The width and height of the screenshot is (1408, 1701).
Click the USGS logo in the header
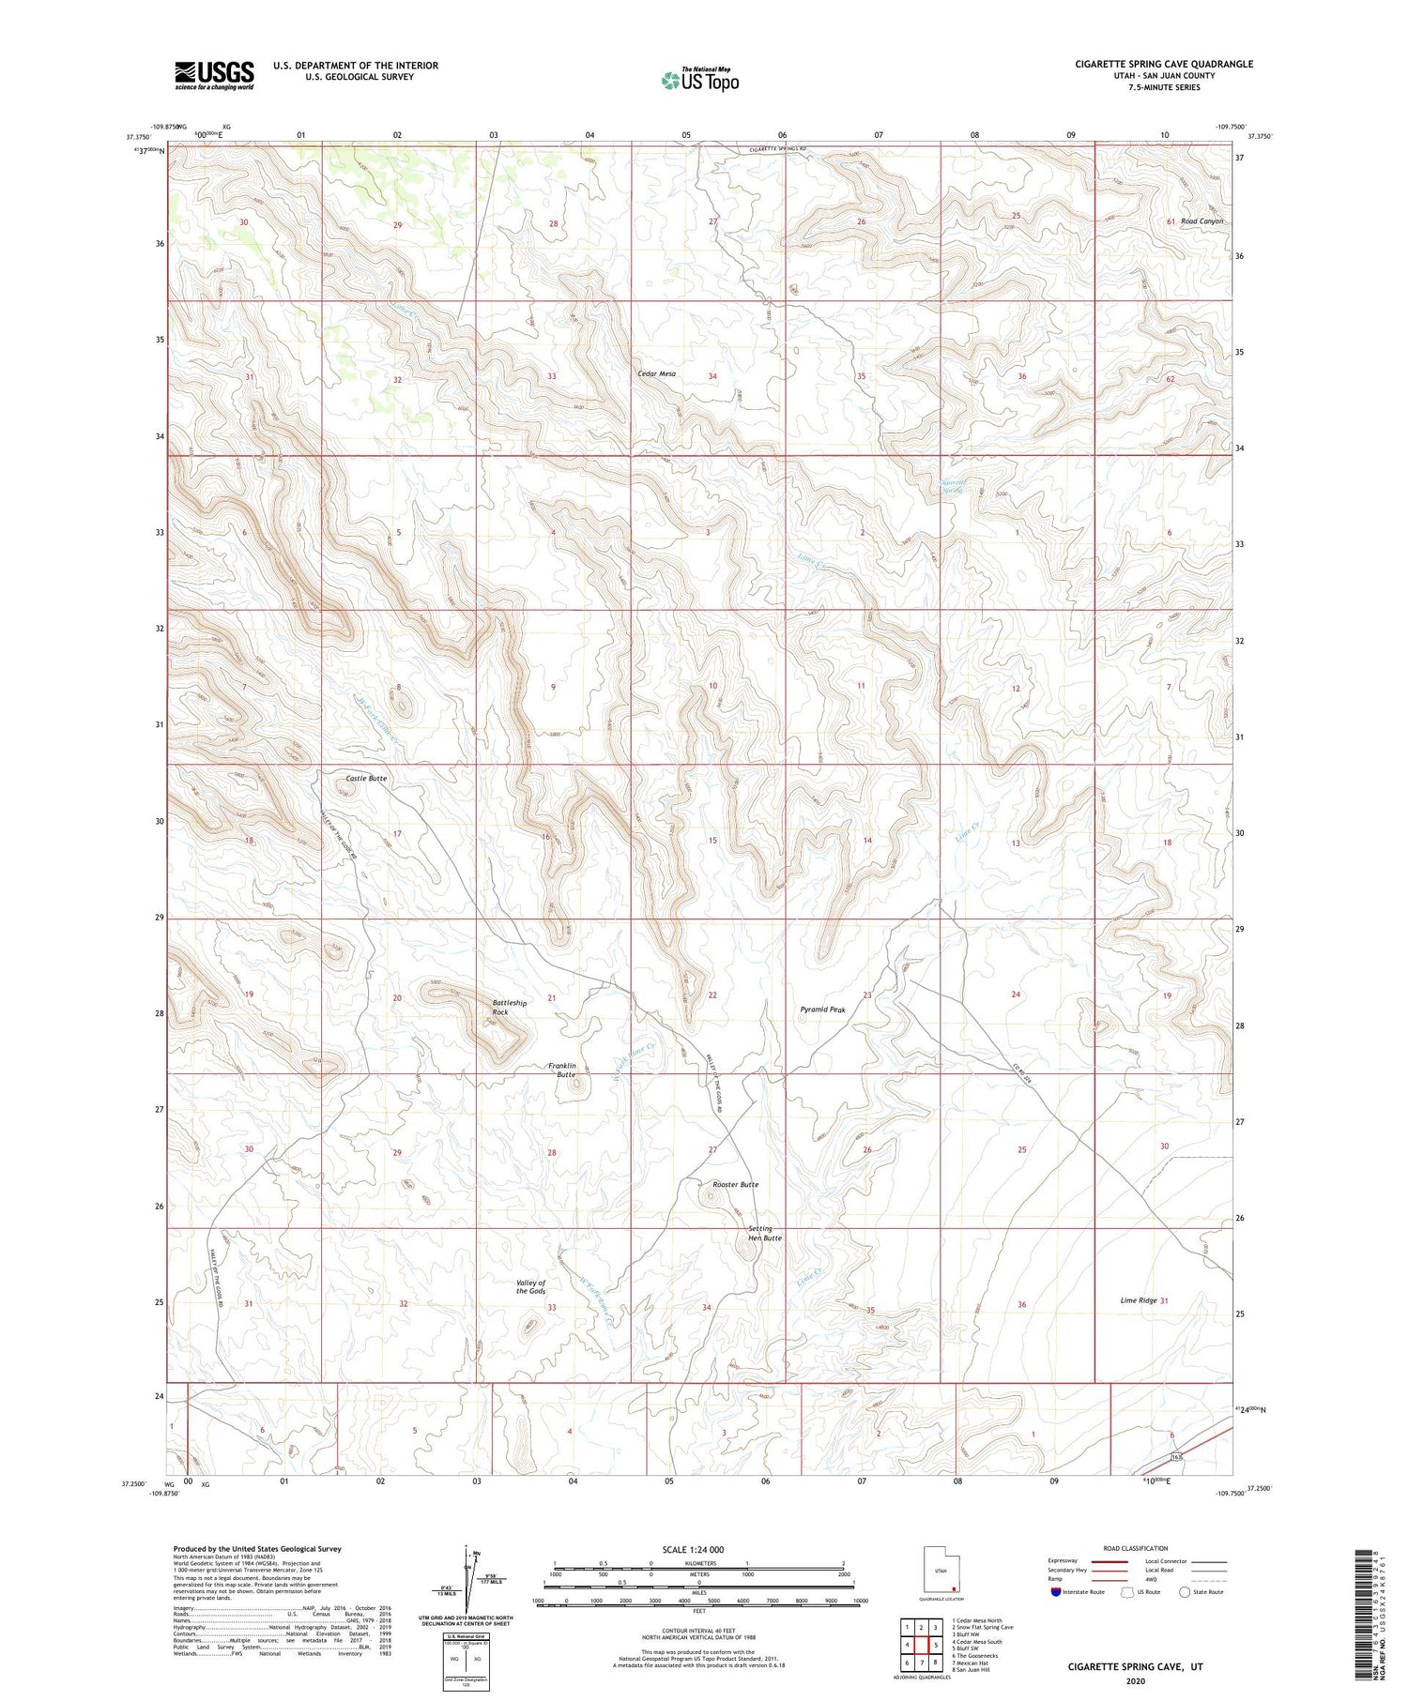pyautogui.click(x=214, y=75)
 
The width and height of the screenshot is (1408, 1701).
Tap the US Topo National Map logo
pyautogui.click(x=699, y=80)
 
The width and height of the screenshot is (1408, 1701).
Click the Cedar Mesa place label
pyautogui.click(x=656, y=374)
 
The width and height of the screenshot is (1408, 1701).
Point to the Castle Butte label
pyautogui.click(x=366, y=779)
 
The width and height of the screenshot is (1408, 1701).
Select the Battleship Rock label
pyautogui.click(x=510, y=1008)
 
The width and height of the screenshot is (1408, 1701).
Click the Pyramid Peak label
pyautogui.click(x=822, y=1010)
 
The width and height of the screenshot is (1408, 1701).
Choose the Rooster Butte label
pyautogui.click(x=735, y=1185)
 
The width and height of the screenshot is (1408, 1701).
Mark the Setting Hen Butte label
pyautogui.click(x=764, y=1233)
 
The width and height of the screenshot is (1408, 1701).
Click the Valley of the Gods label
pyautogui.click(x=530, y=1287)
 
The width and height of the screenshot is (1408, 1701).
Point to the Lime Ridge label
pyautogui.click(x=1139, y=1300)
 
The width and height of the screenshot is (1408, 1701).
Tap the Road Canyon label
pyautogui.click(x=1202, y=221)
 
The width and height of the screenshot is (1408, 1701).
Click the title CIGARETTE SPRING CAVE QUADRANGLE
pyautogui.click(x=1164, y=64)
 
